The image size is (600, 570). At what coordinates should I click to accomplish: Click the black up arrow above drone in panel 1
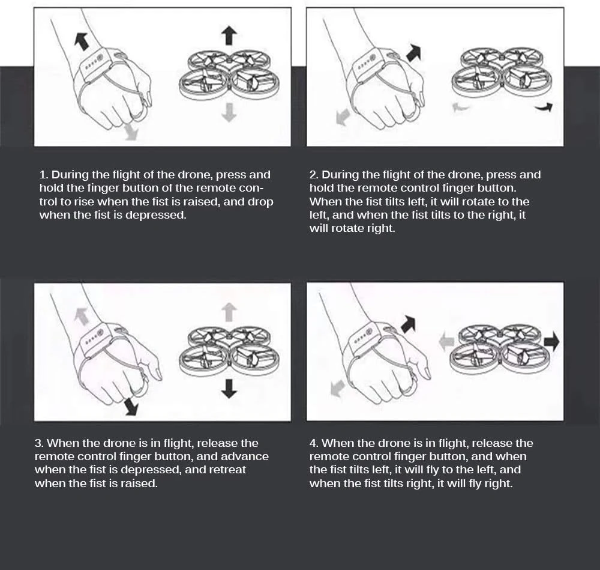(x=229, y=35)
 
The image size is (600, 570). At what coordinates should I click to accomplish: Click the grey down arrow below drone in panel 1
(x=229, y=113)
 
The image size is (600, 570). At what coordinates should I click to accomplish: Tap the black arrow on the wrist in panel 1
(x=82, y=41)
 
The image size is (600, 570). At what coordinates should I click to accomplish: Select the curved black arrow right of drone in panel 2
(x=544, y=108)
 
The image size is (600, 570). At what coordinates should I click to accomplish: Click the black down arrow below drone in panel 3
(x=229, y=389)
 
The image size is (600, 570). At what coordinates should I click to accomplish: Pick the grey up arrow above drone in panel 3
(x=229, y=312)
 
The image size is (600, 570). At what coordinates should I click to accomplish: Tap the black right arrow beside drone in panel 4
(x=551, y=341)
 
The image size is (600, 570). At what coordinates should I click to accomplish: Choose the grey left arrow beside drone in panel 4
(x=446, y=341)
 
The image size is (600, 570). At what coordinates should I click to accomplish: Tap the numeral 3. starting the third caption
(x=40, y=443)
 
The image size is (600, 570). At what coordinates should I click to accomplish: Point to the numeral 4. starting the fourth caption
(x=314, y=443)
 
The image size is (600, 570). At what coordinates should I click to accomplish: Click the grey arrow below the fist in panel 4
(x=337, y=388)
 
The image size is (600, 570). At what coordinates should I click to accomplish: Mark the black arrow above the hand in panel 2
(x=413, y=53)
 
